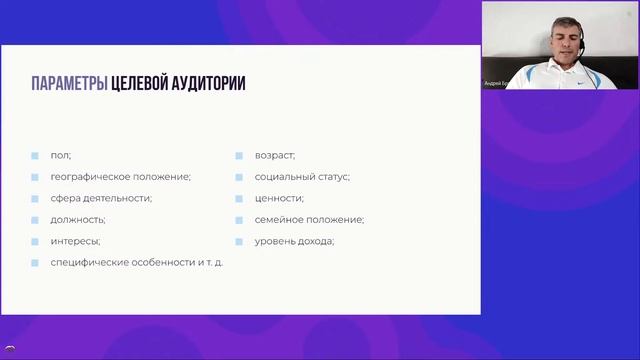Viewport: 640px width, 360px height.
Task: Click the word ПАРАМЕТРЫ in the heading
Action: click(69, 84)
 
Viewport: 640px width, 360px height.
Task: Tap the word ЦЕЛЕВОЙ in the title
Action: click(146, 84)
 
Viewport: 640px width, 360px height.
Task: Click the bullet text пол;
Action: click(61, 155)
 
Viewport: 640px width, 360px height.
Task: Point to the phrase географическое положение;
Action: click(120, 176)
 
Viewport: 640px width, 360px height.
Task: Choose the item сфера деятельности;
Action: click(101, 198)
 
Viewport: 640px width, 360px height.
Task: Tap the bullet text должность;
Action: click(78, 219)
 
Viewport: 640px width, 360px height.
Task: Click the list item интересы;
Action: click(75, 241)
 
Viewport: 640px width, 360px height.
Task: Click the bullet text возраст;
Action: click(275, 155)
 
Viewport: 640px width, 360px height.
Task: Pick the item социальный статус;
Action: click(302, 176)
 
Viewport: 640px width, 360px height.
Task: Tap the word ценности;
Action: click(279, 198)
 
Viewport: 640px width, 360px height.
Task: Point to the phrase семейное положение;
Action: click(309, 219)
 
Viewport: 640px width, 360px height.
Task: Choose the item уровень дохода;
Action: click(294, 241)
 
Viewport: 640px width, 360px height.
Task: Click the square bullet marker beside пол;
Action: click(35, 155)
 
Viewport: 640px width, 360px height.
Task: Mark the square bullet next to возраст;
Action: click(241, 155)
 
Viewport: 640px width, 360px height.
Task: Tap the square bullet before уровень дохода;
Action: click(241, 241)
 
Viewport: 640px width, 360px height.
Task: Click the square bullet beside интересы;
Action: click(35, 241)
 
